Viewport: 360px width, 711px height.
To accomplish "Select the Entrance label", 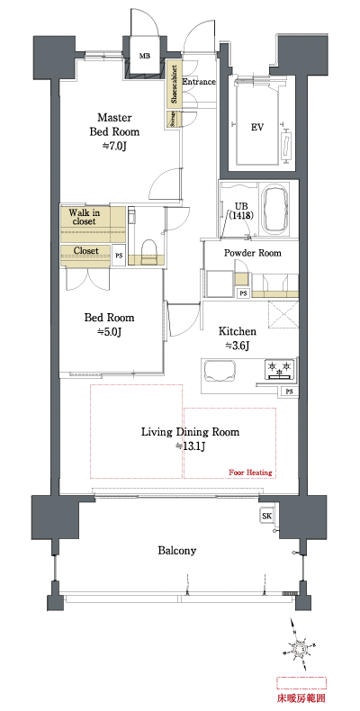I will [x=199, y=82].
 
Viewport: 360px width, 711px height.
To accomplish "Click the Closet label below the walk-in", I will [x=85, y=251].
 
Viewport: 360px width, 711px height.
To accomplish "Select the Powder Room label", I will [x=252, y=254].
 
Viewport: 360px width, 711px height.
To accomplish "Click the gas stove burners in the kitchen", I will [x=279, y=369].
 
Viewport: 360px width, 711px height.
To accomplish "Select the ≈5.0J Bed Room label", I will [x=109, y=325].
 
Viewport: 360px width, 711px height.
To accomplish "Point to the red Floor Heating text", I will [x=250, y=472].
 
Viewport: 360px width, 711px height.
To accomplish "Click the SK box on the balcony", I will [x=266, y=516].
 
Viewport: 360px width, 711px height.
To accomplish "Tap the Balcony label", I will [x=177, y=551].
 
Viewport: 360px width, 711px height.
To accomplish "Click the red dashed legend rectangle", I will [x=303, y=681].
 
